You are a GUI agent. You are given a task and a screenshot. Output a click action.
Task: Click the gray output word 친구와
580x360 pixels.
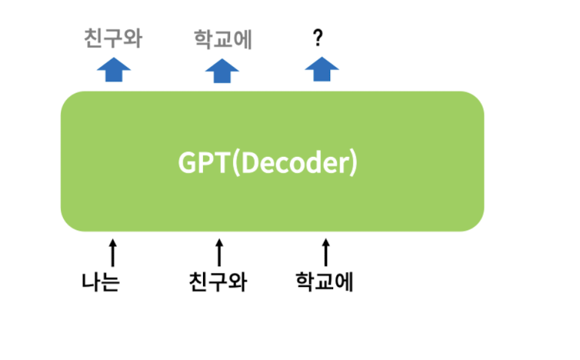[113, 38]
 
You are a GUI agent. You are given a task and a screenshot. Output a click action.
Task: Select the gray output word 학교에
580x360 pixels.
[224, 38]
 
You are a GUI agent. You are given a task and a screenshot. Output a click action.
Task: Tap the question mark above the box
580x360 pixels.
[318, 38]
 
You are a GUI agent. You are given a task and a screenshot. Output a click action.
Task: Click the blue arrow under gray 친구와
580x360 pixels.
[114, 71]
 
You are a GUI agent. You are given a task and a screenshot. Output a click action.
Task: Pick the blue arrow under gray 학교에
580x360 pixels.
[222, 71]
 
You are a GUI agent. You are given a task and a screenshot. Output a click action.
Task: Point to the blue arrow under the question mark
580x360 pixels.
[322, 71]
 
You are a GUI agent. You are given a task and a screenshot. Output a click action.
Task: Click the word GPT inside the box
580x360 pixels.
[203, 163]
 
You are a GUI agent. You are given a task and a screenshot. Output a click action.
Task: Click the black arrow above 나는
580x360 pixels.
[113, 252]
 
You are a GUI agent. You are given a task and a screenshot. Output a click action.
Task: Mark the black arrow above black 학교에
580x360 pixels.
[325, 252]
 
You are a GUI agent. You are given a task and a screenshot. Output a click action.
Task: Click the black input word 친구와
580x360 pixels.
[218, 282]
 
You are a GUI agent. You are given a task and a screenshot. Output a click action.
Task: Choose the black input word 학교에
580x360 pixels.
[324, 282]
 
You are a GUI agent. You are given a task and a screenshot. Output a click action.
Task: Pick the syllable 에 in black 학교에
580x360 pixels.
[343, 282]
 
